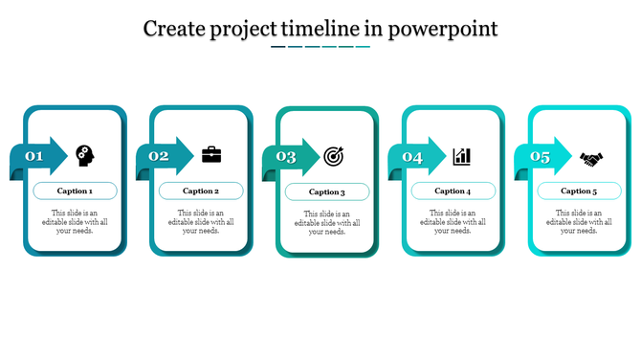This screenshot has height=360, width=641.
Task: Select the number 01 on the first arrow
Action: [34, 155]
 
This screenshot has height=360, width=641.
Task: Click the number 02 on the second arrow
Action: [159, 155]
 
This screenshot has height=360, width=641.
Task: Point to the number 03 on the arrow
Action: [286, 157]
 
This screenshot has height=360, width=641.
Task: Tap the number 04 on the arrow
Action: [412, 157]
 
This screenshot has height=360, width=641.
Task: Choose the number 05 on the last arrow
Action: [539, 157]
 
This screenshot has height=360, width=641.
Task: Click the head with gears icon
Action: [85, 154]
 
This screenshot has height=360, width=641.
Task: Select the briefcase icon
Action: [211, 154]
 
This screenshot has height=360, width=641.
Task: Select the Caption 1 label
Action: [75, 191]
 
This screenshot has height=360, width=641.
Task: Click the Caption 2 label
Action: [201, 191]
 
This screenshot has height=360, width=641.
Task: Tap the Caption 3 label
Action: [327, 191]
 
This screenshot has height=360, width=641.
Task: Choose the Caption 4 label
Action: [453, 191]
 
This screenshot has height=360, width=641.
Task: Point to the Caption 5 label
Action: [580, 191]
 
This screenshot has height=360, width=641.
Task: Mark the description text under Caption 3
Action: [327, 223]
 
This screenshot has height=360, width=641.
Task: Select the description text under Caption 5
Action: [580, 221]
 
